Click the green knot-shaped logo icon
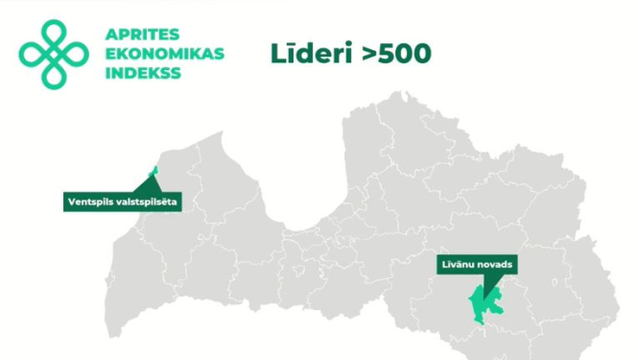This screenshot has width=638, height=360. pyautogui.click(x=53, y=54)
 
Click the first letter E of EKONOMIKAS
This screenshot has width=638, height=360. pyautogui.click(x=106, y=54)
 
